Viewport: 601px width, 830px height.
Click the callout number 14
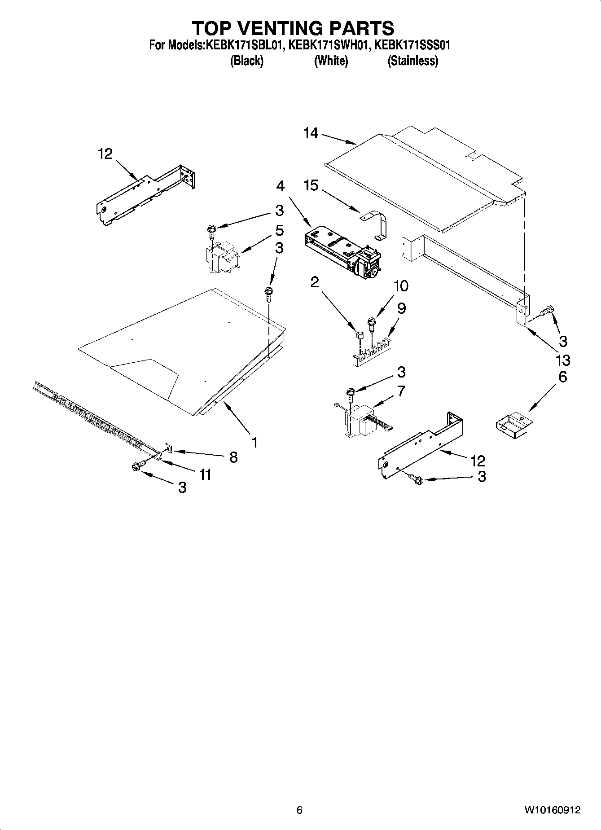tap(311, 133)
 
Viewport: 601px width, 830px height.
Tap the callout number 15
tap(311, 185)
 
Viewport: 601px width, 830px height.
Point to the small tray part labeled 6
tap(513, 425)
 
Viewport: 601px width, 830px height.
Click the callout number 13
tap(563, 360)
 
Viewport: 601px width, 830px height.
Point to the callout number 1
tap(254, 443)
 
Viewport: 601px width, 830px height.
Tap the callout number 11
tap(205, 474)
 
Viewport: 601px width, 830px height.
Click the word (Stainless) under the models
tap(412, 61)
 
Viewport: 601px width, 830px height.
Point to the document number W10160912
tap(552, 810)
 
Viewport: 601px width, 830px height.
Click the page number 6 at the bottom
tap(299, 810)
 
